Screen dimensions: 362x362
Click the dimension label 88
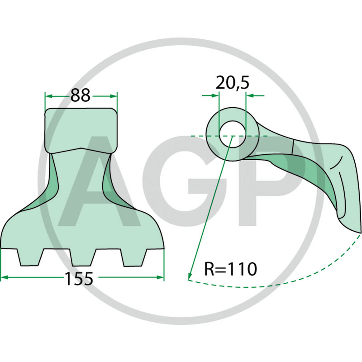(80, 95)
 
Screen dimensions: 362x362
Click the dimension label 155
(79, 278)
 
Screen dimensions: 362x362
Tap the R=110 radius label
(230, 269)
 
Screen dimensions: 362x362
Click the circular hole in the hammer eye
(232, 136)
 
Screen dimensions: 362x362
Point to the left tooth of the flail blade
(29, 257)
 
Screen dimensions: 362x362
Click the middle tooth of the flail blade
(83, 257)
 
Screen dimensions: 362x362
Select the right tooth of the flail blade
(135, 257)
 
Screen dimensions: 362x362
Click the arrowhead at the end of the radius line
(190, 276)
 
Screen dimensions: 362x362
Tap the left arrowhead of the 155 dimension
(4, 277)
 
